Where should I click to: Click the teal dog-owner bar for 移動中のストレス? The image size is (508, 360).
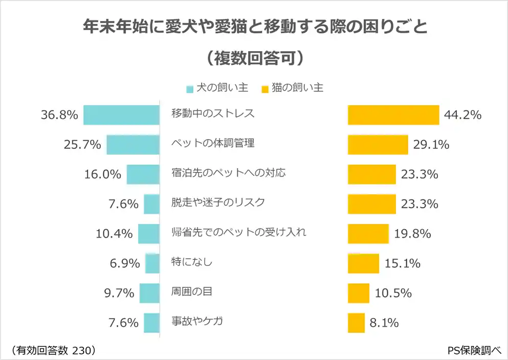coord(121,115)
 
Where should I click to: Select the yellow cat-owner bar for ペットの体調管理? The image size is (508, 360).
coord(378,145)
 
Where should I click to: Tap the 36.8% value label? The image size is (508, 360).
coord(59,116)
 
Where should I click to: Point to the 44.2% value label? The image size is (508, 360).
coord(462,115)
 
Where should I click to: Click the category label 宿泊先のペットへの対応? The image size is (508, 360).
coord(228,172)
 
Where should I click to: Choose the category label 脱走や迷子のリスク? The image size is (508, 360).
coord(218,202)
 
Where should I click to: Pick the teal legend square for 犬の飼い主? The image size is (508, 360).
coord(190,89)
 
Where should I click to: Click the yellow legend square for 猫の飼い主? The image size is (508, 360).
coord(264,89)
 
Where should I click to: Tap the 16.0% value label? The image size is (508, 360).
coord(102,174)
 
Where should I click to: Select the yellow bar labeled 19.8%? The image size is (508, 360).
coord(368,234)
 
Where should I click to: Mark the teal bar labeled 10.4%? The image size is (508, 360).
coord(149,234)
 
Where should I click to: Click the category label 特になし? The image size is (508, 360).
coord(191,262)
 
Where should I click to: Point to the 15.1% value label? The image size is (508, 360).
coord(402,264)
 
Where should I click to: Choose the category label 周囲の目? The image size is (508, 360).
coord(191,292)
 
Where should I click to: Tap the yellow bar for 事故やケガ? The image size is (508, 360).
coord(356,323)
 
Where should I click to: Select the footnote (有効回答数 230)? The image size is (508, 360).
coord(52,350)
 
